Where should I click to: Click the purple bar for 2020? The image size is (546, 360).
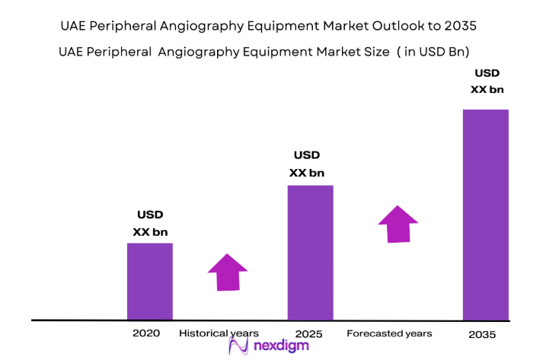(149, 282)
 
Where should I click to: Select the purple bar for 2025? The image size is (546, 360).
(310, 253)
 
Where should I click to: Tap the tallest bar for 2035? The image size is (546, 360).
(485, 215)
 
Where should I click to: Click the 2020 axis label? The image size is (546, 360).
(145, 333)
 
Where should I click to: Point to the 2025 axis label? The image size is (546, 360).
(309, 334)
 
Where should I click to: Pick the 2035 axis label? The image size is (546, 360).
(482, 335)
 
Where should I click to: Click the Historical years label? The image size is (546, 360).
(219, 333)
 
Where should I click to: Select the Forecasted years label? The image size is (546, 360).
(389, 333)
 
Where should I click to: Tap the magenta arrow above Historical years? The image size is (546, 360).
(227, 272)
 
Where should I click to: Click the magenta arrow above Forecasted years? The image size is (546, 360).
(398, 224)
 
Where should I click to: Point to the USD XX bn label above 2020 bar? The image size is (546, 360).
(150, 223)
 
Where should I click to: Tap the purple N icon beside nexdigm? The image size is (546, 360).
(239, 347)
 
